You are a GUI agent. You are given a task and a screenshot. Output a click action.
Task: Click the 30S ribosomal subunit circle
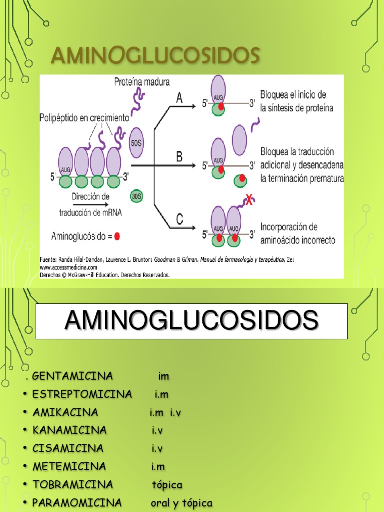(136, 196)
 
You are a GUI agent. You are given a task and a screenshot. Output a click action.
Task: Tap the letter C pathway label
(179, 219)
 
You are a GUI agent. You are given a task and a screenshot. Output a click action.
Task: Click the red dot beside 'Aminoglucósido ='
(117, 236)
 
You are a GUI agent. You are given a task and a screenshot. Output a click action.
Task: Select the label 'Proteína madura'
(141, 81)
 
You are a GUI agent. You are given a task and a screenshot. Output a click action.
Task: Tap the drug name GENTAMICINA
(73, 376)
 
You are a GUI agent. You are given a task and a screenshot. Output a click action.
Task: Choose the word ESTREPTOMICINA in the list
(82, 394)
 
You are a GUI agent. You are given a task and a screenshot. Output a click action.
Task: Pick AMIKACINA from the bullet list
(65, 412)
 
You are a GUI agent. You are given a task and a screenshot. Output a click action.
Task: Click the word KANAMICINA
(70, 430)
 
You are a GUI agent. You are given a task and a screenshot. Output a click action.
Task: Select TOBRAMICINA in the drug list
(73, 485)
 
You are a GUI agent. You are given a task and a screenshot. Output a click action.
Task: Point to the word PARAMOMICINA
(77, 503)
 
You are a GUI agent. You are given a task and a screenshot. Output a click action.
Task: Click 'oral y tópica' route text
(182, 503)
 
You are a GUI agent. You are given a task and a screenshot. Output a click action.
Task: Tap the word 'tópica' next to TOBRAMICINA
(167, 485)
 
